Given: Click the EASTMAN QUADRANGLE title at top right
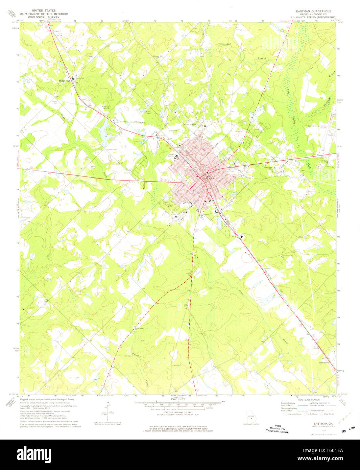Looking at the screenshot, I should pos(314,11).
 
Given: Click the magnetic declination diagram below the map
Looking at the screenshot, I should pos(109,412).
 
